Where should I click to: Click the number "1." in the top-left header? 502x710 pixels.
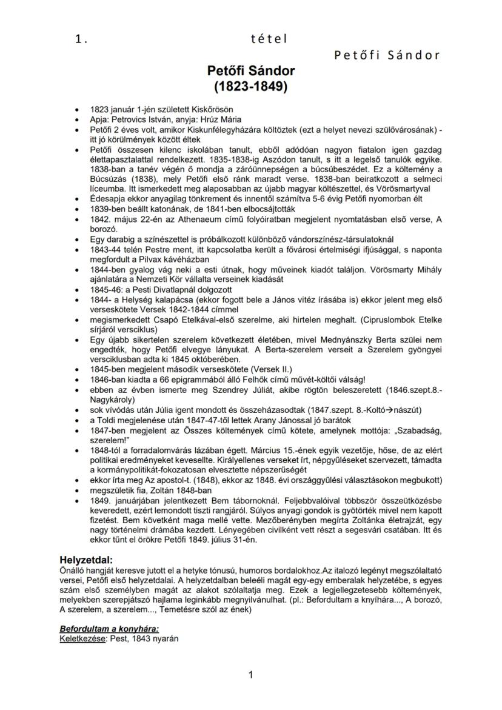pos(81,39)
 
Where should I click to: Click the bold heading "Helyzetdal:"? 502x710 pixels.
pos(86,559)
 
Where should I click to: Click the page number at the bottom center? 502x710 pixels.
pos(251,674)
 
